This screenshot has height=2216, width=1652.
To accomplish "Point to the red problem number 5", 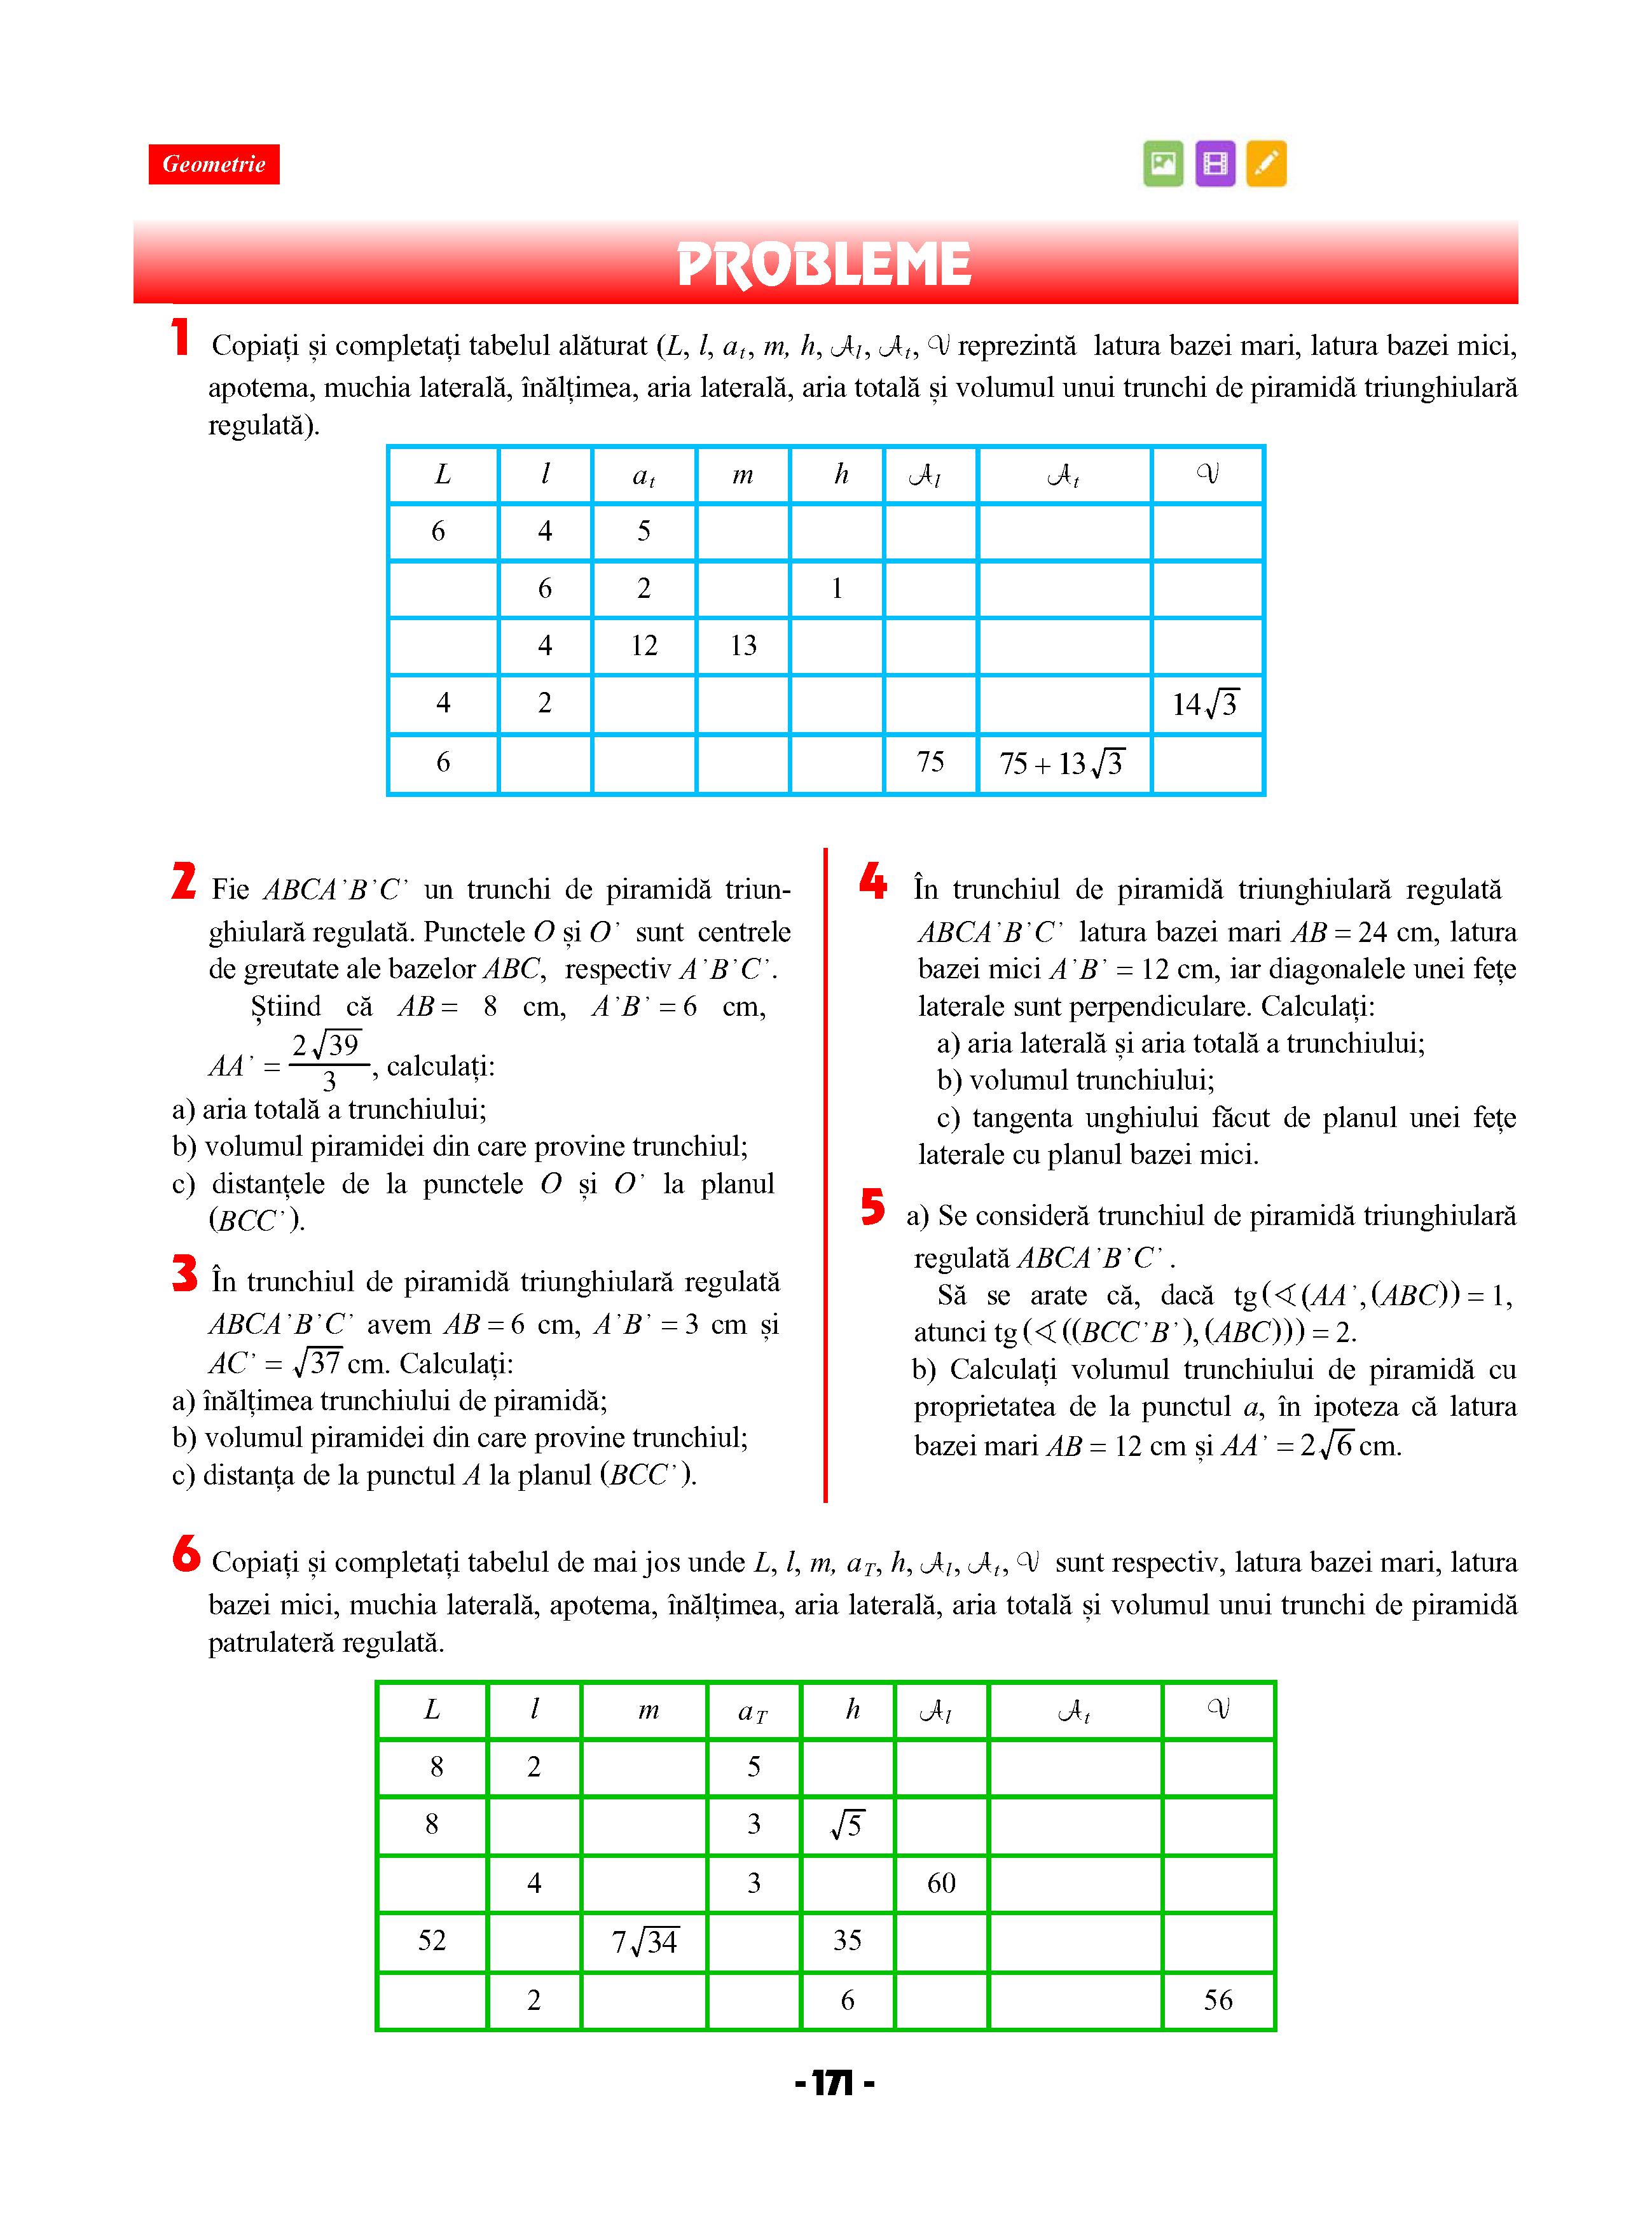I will click(873, 1207).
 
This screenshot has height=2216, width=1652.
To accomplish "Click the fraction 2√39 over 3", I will click(327, 1062).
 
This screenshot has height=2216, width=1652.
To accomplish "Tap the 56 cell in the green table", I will click(1218, 2000).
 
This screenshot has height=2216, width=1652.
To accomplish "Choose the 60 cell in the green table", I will click(941, 1883).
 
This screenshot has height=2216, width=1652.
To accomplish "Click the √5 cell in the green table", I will click(847, 1825).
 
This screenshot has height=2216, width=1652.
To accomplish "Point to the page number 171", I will click(834, 2084).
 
